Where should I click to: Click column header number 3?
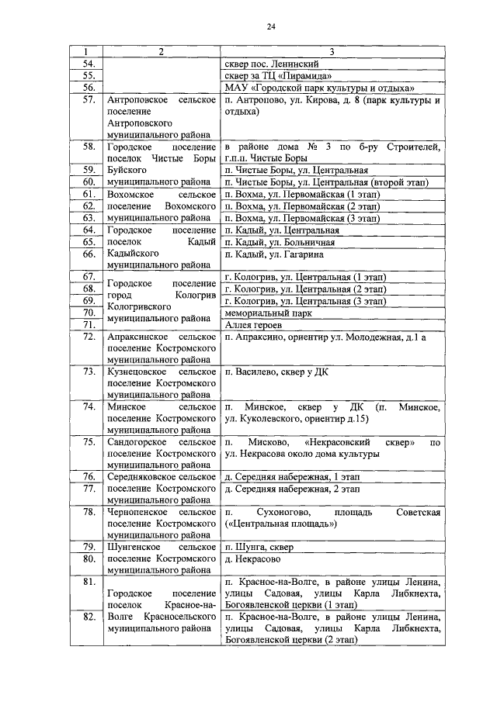332,51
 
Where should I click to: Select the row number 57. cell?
89,101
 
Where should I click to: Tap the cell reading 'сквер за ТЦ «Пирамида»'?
278,75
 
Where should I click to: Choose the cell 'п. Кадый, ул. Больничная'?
281,242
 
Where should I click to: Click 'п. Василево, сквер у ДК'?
276,372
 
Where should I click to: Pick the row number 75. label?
89,442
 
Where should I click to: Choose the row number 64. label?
89,230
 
